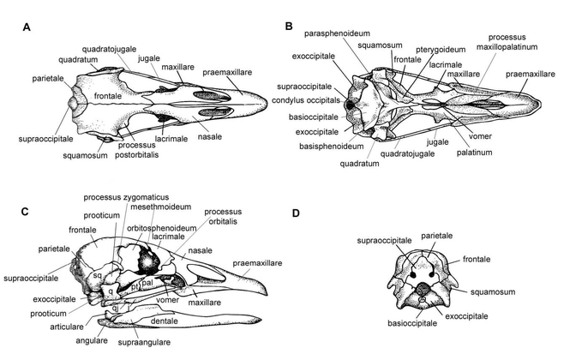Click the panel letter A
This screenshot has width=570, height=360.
pyautogui.click(x=28, y=28)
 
